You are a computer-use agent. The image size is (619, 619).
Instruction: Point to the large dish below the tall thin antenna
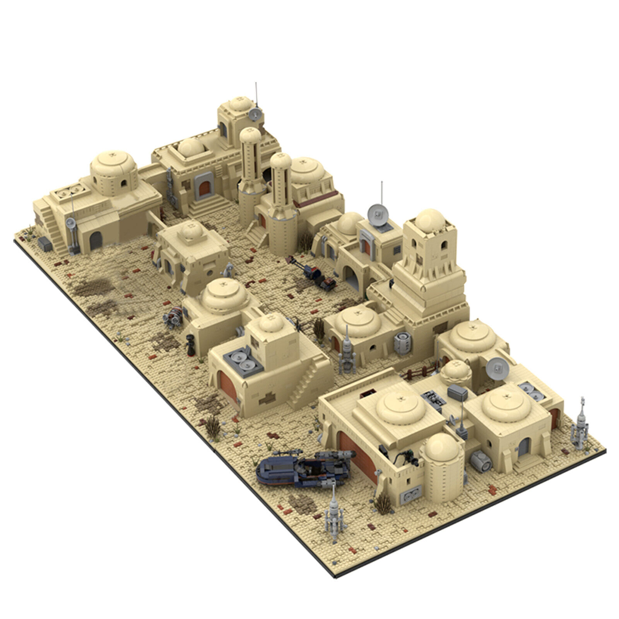pyautogui.click(x=377, y=214)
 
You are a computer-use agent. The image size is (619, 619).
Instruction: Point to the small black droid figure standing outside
pyautogui.click(x=190, y=345)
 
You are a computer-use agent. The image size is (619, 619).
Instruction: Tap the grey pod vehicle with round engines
pyautogui.click(x=174, y=318)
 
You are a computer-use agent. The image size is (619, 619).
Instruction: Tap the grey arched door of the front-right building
pyautogui.click(x=523, y=447)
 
